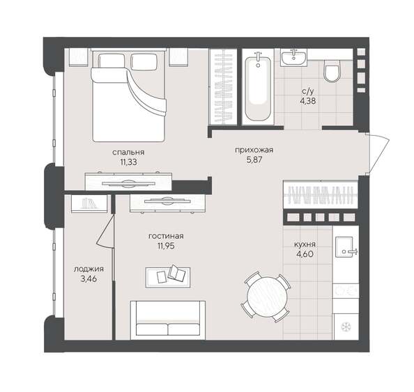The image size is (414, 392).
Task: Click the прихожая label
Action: pyautogui.click(x=253, y=150)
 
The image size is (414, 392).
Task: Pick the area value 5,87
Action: pyautogui.click(x=253, y=160)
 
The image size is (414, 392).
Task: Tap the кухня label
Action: pyautogui.click(x=305, y=244)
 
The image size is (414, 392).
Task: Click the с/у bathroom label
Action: pyautogui.click(x=307, y=90)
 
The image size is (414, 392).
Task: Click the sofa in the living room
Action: pyautogui.click(x=169, y=320)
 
